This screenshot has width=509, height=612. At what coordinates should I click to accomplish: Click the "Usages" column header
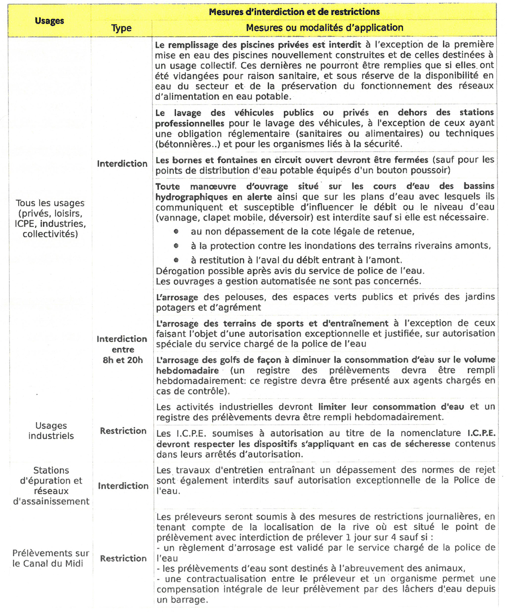50,21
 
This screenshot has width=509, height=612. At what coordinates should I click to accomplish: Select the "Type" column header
121,28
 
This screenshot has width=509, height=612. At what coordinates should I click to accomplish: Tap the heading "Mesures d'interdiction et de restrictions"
294,12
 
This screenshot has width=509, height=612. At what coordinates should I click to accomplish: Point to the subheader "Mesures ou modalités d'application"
324,28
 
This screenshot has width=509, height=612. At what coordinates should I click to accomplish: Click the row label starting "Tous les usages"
50,219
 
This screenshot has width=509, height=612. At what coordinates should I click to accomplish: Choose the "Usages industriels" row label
51,431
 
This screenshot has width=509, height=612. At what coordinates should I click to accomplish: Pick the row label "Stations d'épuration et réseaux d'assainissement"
51,486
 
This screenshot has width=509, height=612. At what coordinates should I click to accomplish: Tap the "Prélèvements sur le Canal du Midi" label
50,558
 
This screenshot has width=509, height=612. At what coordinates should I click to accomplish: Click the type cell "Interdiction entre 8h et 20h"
122,349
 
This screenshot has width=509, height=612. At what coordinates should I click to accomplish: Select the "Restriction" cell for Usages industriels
123,431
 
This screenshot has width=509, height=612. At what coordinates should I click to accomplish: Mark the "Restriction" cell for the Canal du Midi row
123,558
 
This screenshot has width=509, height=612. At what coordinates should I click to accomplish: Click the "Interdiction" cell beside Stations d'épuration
123,486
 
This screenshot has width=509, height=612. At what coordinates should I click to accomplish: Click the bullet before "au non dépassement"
176,232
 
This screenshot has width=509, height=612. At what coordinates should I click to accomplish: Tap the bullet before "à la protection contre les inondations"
176,246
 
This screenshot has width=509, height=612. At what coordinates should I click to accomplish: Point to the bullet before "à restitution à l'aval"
176,260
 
